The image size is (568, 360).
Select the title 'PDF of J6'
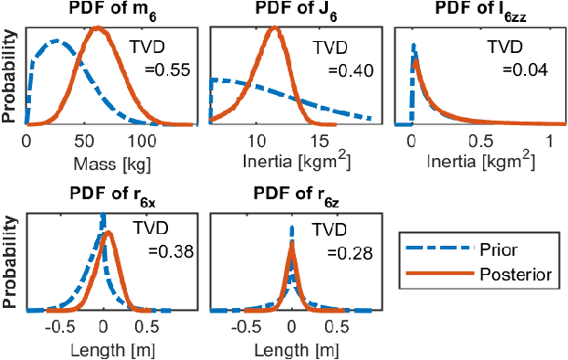pyautogui.click(x=290, y=11)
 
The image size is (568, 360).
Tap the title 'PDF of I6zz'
pyautogui.click(x=477, y=11)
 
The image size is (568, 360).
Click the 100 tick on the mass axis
pyautogui.click(x=142, y=143)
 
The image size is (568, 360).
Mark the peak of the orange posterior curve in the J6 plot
pyautogui.click(x=273, y=28)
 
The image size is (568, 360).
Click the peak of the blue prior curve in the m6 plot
pyautogui.click(x=57, y=41)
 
